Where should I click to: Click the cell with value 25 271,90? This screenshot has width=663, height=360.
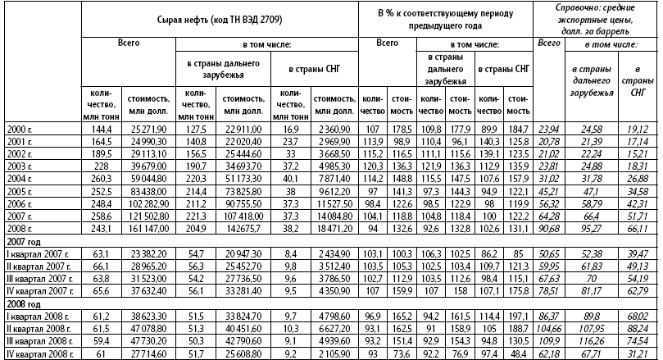148,129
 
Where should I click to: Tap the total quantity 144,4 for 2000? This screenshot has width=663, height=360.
102,129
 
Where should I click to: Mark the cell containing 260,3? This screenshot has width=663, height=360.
102,178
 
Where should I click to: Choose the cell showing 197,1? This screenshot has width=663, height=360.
518,314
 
